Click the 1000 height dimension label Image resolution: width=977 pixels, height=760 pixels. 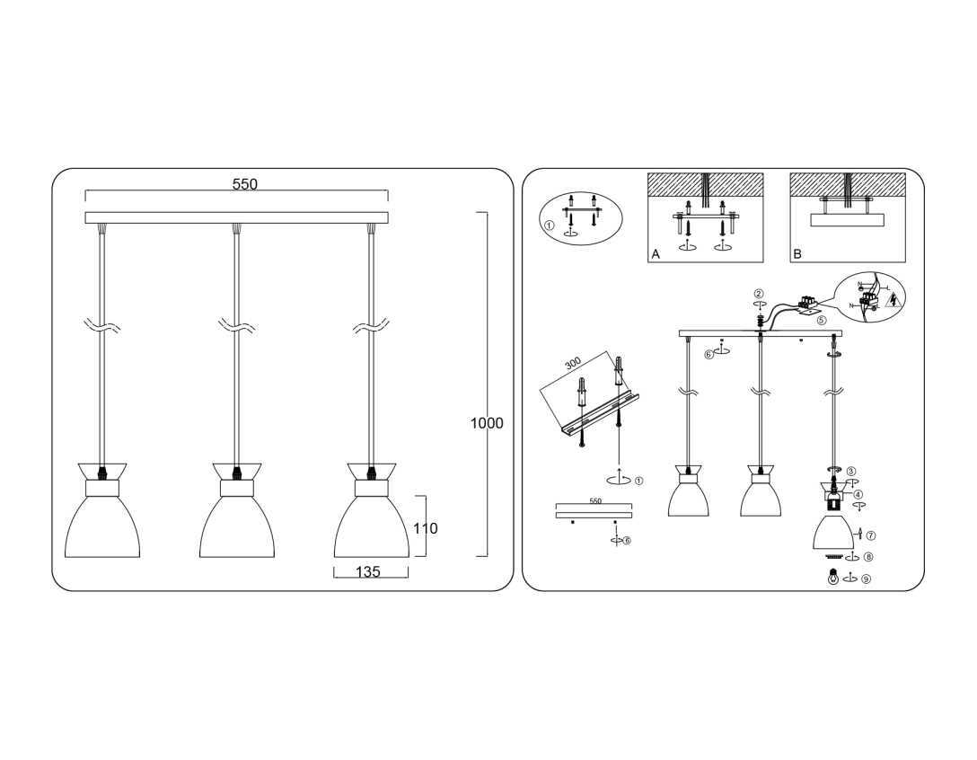(487, 423)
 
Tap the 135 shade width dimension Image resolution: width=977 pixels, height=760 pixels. (368, 572)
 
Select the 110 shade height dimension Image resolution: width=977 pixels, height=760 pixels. (426, 528)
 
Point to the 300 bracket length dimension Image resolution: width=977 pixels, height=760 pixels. (573, 363)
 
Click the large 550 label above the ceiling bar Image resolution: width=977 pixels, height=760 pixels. (244, 184)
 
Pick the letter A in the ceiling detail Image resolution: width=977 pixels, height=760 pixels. (656, 255)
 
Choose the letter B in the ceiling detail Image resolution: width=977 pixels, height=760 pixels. (797, 255)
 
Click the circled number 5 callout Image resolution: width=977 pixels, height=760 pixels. (821, 320)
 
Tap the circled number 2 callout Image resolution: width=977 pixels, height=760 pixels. (759, 294)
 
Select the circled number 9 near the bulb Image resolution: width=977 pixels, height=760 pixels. (866, 579)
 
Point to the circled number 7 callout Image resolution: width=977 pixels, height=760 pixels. (870, 535)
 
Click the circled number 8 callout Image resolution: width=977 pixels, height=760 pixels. (868, 557)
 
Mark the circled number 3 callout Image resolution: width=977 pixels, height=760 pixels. (851, 471)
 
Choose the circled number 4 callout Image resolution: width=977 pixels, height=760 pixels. (858, 494)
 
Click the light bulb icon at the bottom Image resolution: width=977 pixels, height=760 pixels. (833, 579)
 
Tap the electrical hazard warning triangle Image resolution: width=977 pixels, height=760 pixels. (892, 300)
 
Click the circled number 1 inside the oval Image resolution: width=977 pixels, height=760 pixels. (550, 225)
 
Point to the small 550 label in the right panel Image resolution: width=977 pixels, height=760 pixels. (594, 501)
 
